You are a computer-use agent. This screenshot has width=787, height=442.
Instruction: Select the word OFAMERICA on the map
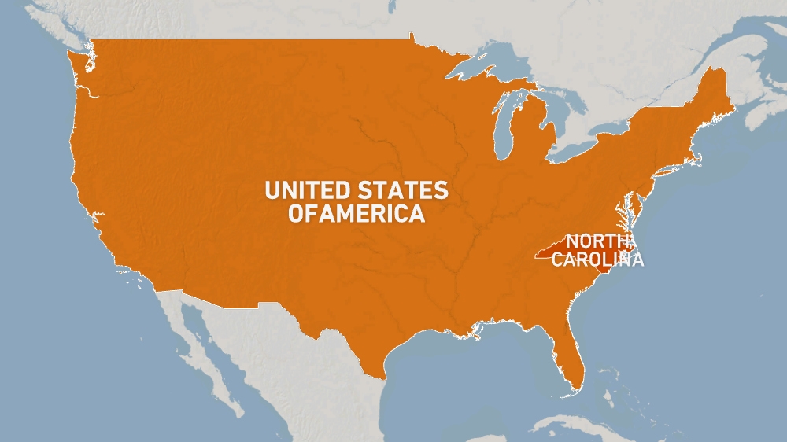pos(357,213)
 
